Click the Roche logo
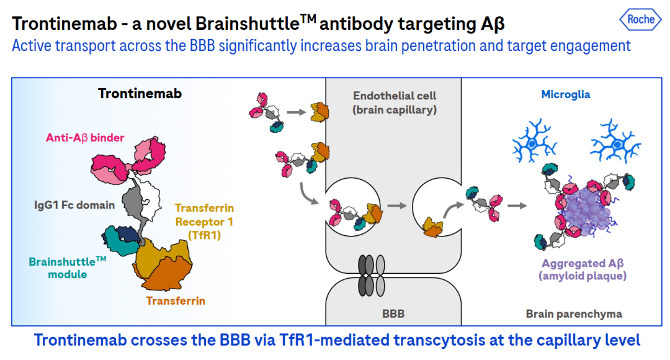640,20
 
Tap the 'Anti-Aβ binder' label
85,138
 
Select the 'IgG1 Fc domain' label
74,205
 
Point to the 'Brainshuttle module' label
67,268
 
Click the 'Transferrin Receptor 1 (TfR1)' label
204,222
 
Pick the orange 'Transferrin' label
176,301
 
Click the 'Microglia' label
565,94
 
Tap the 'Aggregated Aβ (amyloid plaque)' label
583,269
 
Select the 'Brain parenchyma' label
574,314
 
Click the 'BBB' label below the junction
393,314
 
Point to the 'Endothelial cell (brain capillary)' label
395,102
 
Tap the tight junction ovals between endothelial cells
372,276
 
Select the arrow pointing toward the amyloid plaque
517,206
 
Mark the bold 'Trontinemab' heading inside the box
140,94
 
